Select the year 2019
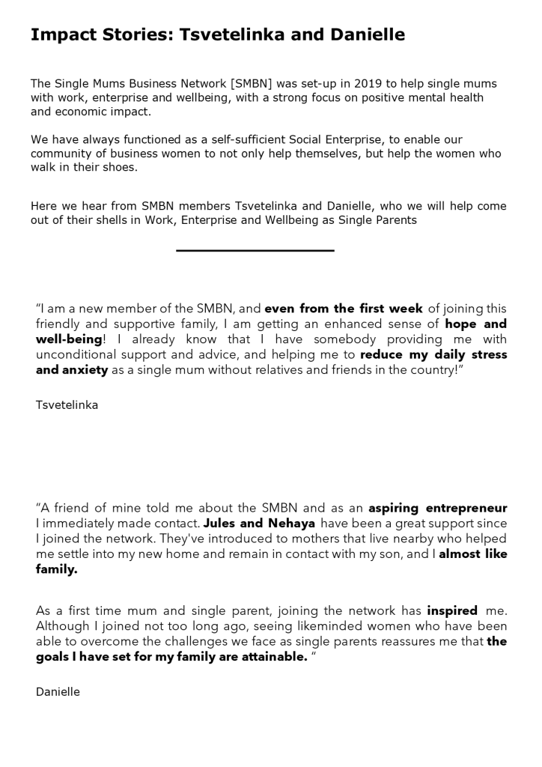[365, 83]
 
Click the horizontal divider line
[255, 250]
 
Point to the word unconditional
[78, 354]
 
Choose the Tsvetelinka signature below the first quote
[67, 405]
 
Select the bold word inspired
[451, 610]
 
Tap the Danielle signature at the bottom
[58, 692]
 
